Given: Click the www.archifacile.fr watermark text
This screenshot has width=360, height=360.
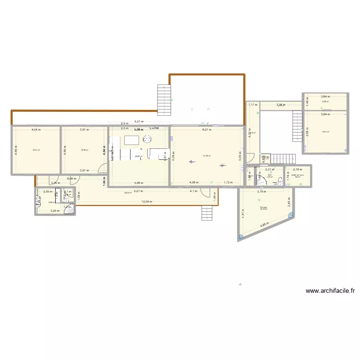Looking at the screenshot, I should (330, 290).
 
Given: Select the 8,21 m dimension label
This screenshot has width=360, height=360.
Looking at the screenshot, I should (206, 130).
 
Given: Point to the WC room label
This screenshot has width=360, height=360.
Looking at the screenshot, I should (270, 175).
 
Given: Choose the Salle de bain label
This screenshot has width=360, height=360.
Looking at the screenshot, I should (298, 175).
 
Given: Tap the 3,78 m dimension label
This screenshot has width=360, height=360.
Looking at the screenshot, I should (261, 192).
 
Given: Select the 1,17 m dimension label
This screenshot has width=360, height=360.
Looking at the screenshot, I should (252, 105).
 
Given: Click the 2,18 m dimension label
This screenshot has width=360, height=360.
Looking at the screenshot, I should (298, 169).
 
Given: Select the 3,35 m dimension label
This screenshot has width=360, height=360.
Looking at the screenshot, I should (55, 183).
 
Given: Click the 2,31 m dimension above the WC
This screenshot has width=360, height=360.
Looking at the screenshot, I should (270, 169).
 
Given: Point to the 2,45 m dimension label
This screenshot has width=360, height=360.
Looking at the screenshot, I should (289, 204).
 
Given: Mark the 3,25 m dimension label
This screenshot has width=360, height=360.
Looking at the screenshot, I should (54, 211).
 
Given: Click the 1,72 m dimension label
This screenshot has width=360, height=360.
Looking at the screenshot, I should (228, 182).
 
